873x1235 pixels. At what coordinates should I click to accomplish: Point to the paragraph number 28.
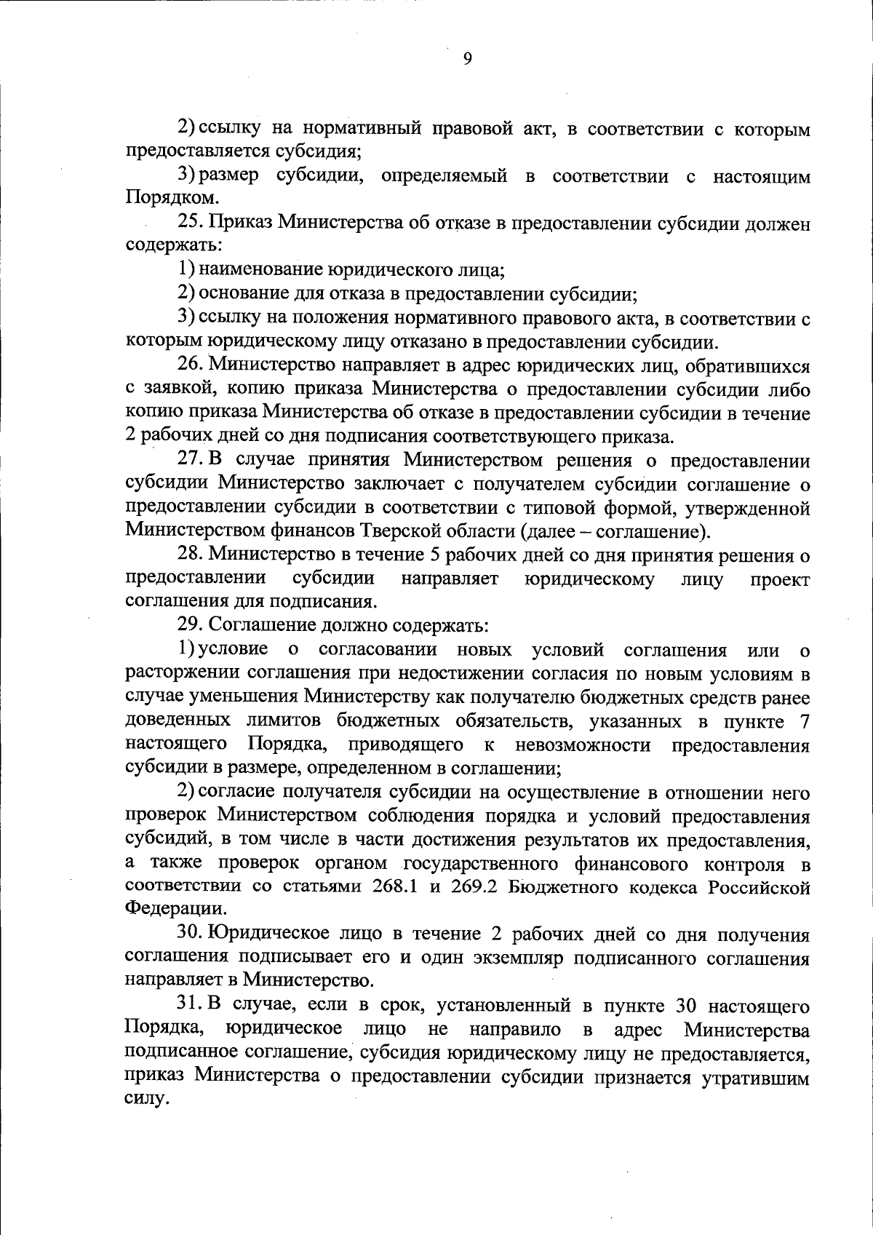[191, 555]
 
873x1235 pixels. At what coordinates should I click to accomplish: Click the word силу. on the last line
[147, 1099]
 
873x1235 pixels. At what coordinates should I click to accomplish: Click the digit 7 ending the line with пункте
[804, 722]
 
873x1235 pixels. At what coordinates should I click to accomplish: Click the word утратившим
[755, 1078]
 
